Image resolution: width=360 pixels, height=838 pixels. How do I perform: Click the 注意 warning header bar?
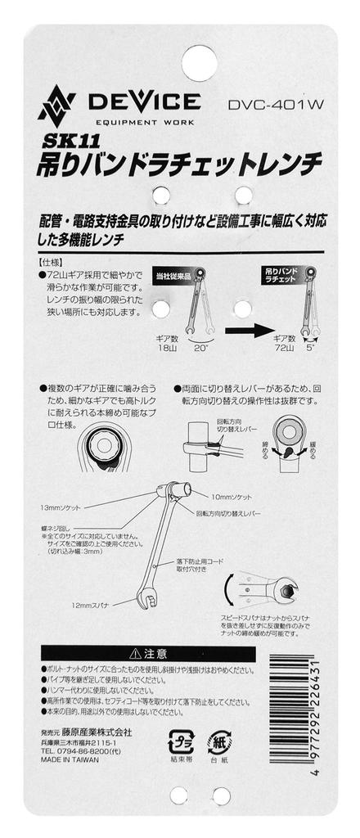click(x=144, y=653)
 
